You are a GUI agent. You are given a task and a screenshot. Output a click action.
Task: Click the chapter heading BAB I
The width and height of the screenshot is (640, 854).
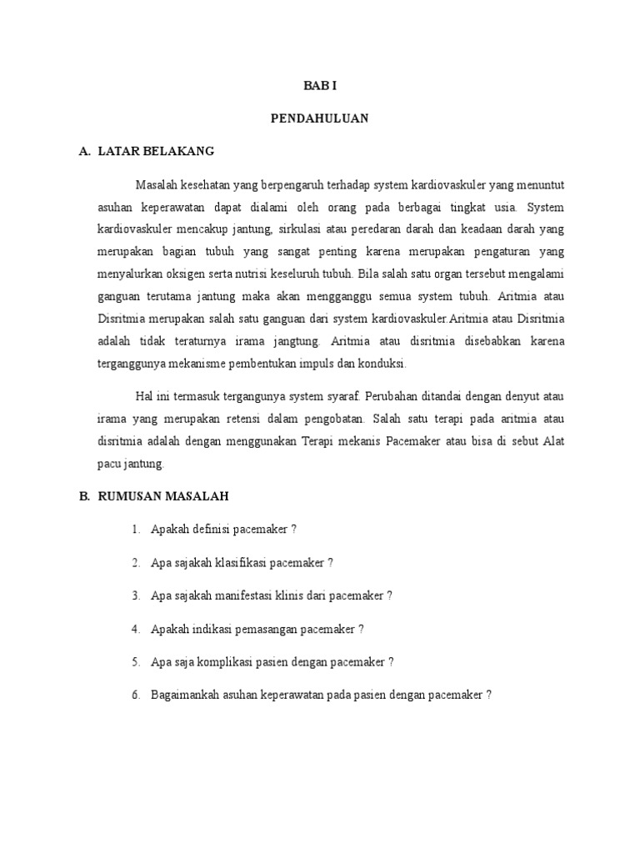(319, 86)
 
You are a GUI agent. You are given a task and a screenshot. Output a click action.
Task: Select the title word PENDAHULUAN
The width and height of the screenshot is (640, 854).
(319, 118)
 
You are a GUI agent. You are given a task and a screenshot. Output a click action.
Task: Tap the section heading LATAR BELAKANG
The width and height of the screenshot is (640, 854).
(156, 151)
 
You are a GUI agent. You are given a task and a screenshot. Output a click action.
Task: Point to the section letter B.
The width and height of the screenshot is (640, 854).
(83, 495)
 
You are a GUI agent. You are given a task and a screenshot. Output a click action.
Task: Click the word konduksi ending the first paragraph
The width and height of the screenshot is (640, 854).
(381, 364)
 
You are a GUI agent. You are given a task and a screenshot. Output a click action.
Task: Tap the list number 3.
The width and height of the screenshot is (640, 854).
(135, 595)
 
